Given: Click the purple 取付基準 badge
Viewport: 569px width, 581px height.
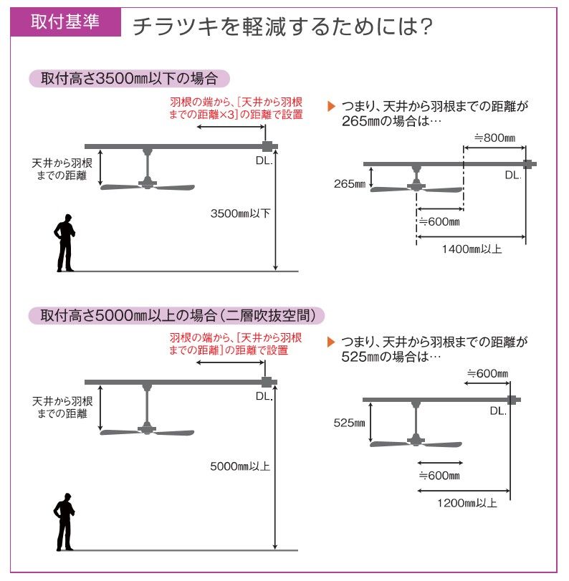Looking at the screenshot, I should [65, 21].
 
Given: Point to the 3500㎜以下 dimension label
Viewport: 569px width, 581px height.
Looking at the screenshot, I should [240, 213].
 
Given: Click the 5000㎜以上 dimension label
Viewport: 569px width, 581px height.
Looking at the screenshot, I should [240, 466].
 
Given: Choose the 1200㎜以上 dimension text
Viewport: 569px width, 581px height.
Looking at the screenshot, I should [467, 502].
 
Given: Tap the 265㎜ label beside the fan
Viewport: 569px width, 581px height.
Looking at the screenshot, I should [349, 184].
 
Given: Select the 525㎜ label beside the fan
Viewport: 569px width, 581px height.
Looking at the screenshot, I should [349, 423].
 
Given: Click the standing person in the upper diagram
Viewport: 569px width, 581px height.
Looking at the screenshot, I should [66, 243].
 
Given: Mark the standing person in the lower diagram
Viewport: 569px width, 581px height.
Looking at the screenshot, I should [65, 522].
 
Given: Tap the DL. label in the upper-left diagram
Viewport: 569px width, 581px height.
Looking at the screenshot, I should [264, 160].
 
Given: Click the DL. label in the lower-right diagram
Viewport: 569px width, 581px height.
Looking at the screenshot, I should [498, 411].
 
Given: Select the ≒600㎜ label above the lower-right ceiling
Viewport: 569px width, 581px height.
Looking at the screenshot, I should [487, 374].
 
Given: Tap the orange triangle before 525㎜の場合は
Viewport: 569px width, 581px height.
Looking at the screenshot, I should [331, 342].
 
